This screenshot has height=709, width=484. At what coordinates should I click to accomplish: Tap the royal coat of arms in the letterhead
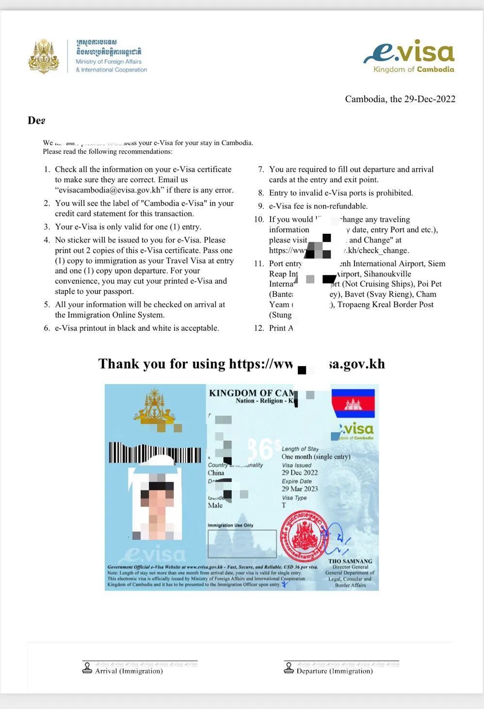point(44,57)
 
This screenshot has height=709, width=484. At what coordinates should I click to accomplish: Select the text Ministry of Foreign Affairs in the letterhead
point(109,62)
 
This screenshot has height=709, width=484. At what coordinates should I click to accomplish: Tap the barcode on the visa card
point(155,452)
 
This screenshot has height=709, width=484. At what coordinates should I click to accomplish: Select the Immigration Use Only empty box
point(242,544)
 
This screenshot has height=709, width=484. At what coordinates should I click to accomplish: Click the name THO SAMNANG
point(350,561)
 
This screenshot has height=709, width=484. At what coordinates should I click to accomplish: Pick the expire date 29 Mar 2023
point(300,489)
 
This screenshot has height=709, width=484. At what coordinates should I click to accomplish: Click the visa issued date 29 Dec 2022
point(300,473)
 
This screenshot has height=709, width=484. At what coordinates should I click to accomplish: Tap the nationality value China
point(216,473)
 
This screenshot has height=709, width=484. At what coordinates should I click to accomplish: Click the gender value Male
point(215,505)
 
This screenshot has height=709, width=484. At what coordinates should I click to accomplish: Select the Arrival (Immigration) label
point(129,671)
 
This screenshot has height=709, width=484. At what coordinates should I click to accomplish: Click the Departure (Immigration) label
point(335,671)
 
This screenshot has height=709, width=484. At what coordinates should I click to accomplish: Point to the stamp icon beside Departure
point(289,668)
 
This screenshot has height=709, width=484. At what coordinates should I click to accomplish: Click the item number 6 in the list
point(47,328)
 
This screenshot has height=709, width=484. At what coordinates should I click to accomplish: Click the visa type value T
point(284,505)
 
